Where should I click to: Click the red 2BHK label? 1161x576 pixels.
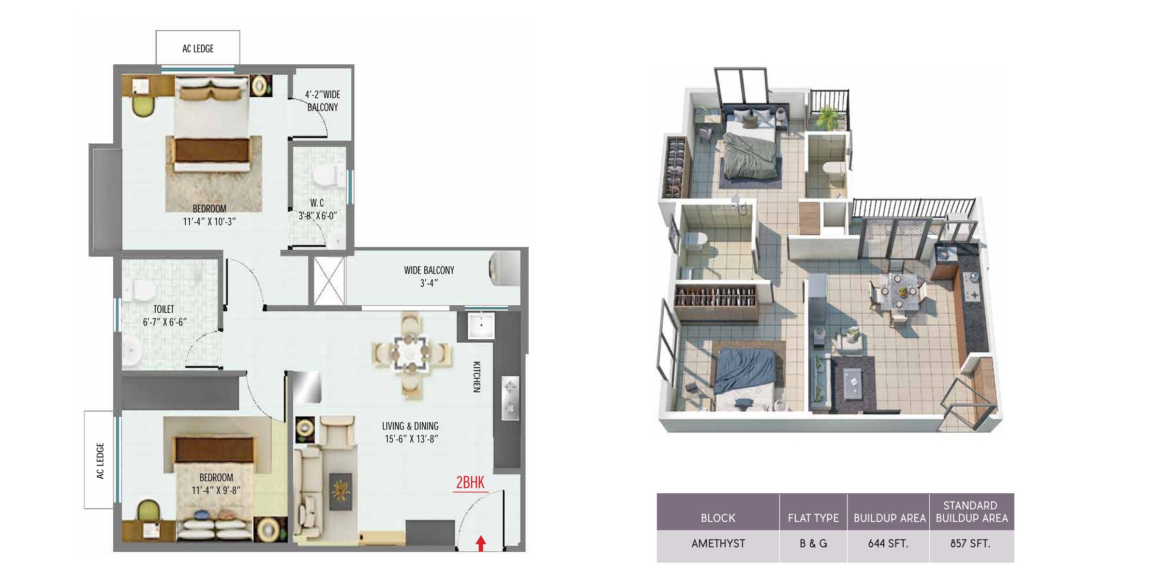click(470, 483)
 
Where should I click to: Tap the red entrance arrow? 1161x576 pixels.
click(480, 543)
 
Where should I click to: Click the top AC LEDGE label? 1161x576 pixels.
click(198, 48)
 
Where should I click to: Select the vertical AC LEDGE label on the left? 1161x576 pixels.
click(100, 460)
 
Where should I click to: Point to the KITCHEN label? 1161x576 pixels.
click(477, 377)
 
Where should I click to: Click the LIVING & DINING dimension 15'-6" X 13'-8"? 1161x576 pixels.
click(412, 439)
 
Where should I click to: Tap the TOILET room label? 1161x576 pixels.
click(164, 309)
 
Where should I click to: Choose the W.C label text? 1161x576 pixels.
click(317, 203)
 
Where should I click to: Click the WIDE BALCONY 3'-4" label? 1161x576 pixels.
click(429, 276)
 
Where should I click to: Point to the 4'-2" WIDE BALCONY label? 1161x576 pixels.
click(323, 101)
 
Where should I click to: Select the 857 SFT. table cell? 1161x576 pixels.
click(970, 544)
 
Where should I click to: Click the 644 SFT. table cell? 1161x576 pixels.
click(888, 544)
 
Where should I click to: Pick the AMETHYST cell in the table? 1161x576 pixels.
click(718, 544)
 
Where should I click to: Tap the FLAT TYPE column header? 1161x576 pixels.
click(813, 518)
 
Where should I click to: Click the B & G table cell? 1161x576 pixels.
click(813, 544)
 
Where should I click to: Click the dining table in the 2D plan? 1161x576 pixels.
click(410, 352)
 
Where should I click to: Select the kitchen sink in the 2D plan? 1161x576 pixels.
click(481, 325)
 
